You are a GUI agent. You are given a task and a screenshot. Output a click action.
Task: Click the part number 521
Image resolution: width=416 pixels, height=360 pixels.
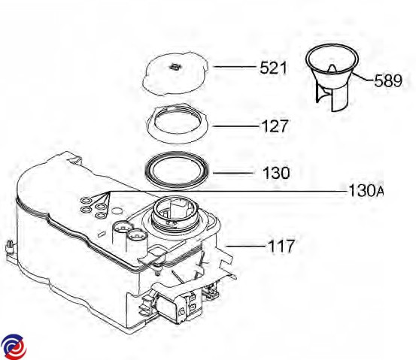[273, 68]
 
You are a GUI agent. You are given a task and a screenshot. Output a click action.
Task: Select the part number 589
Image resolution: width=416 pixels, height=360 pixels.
[388, 80]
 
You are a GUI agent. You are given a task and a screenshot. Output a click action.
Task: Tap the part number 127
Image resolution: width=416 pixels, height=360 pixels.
[275, 126]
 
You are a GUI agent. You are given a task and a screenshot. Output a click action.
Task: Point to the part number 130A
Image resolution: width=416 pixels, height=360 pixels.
[366, 190]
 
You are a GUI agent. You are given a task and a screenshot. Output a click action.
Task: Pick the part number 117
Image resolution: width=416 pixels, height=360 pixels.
[281, 246]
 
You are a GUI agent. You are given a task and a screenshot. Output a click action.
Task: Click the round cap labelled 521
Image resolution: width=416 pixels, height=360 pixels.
[175, 73]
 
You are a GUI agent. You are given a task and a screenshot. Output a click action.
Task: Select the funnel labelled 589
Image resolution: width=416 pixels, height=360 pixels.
[332, 77]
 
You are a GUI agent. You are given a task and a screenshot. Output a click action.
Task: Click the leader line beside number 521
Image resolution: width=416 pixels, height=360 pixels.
[234, 67]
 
